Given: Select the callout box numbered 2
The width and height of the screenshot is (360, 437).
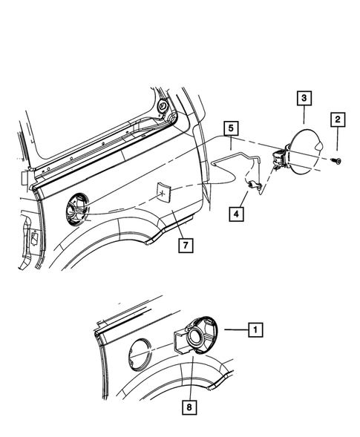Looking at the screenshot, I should pyautogui.click(x=336, y=119).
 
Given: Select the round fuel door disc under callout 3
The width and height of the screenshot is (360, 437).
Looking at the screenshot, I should pyautogui.click(x=308, y=151).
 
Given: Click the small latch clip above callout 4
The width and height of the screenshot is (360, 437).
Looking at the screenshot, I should pyautogui.click(x=255, y=188).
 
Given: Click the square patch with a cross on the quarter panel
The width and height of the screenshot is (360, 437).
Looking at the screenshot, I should pyautogui.click(x=161, y=193).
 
